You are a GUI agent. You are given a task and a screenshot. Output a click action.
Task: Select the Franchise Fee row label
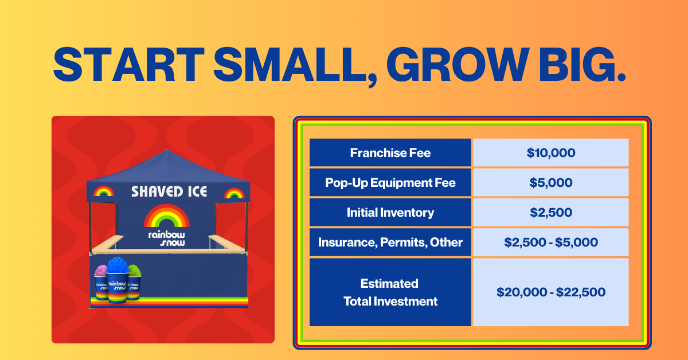[390, 152]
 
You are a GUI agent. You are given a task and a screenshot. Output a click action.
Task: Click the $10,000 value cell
[551, 152]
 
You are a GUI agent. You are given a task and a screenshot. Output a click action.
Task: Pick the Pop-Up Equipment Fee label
[390, 183]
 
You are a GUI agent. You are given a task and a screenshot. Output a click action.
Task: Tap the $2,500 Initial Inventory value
[551, 212]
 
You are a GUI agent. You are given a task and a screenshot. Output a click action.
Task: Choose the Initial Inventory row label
[390, 213]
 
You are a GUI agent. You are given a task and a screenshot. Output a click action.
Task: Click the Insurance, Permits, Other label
[390, 242]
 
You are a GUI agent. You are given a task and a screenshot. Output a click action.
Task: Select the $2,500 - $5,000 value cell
[551, 242]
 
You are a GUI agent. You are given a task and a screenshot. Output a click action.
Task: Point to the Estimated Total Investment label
[390, 292]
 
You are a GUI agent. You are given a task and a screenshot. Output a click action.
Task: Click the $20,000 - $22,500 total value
[551, 292]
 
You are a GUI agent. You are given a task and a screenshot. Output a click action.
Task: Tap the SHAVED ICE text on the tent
[169, 191]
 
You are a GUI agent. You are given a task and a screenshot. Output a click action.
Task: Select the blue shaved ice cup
[118, 280]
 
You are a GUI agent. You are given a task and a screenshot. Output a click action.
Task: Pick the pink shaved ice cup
[101, 283]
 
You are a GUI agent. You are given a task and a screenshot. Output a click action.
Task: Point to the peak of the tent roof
[167, 150]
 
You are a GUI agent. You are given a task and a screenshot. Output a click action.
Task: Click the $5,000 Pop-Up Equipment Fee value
[551, 182]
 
